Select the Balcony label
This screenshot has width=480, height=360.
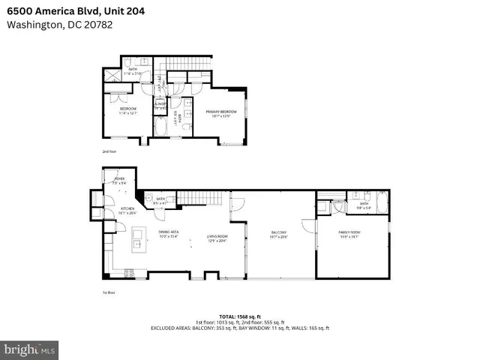pyautogui.click(x=279, y=235)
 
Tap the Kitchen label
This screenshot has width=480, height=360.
pyautogui.click(x=128, y=211)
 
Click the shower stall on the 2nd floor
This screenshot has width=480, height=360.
pyautogui.click(x=112, y=75)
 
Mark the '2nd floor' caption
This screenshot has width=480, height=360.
pyautogui.click(x=109, y=151)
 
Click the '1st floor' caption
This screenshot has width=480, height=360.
pyautogui.click(x=108, y=292)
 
